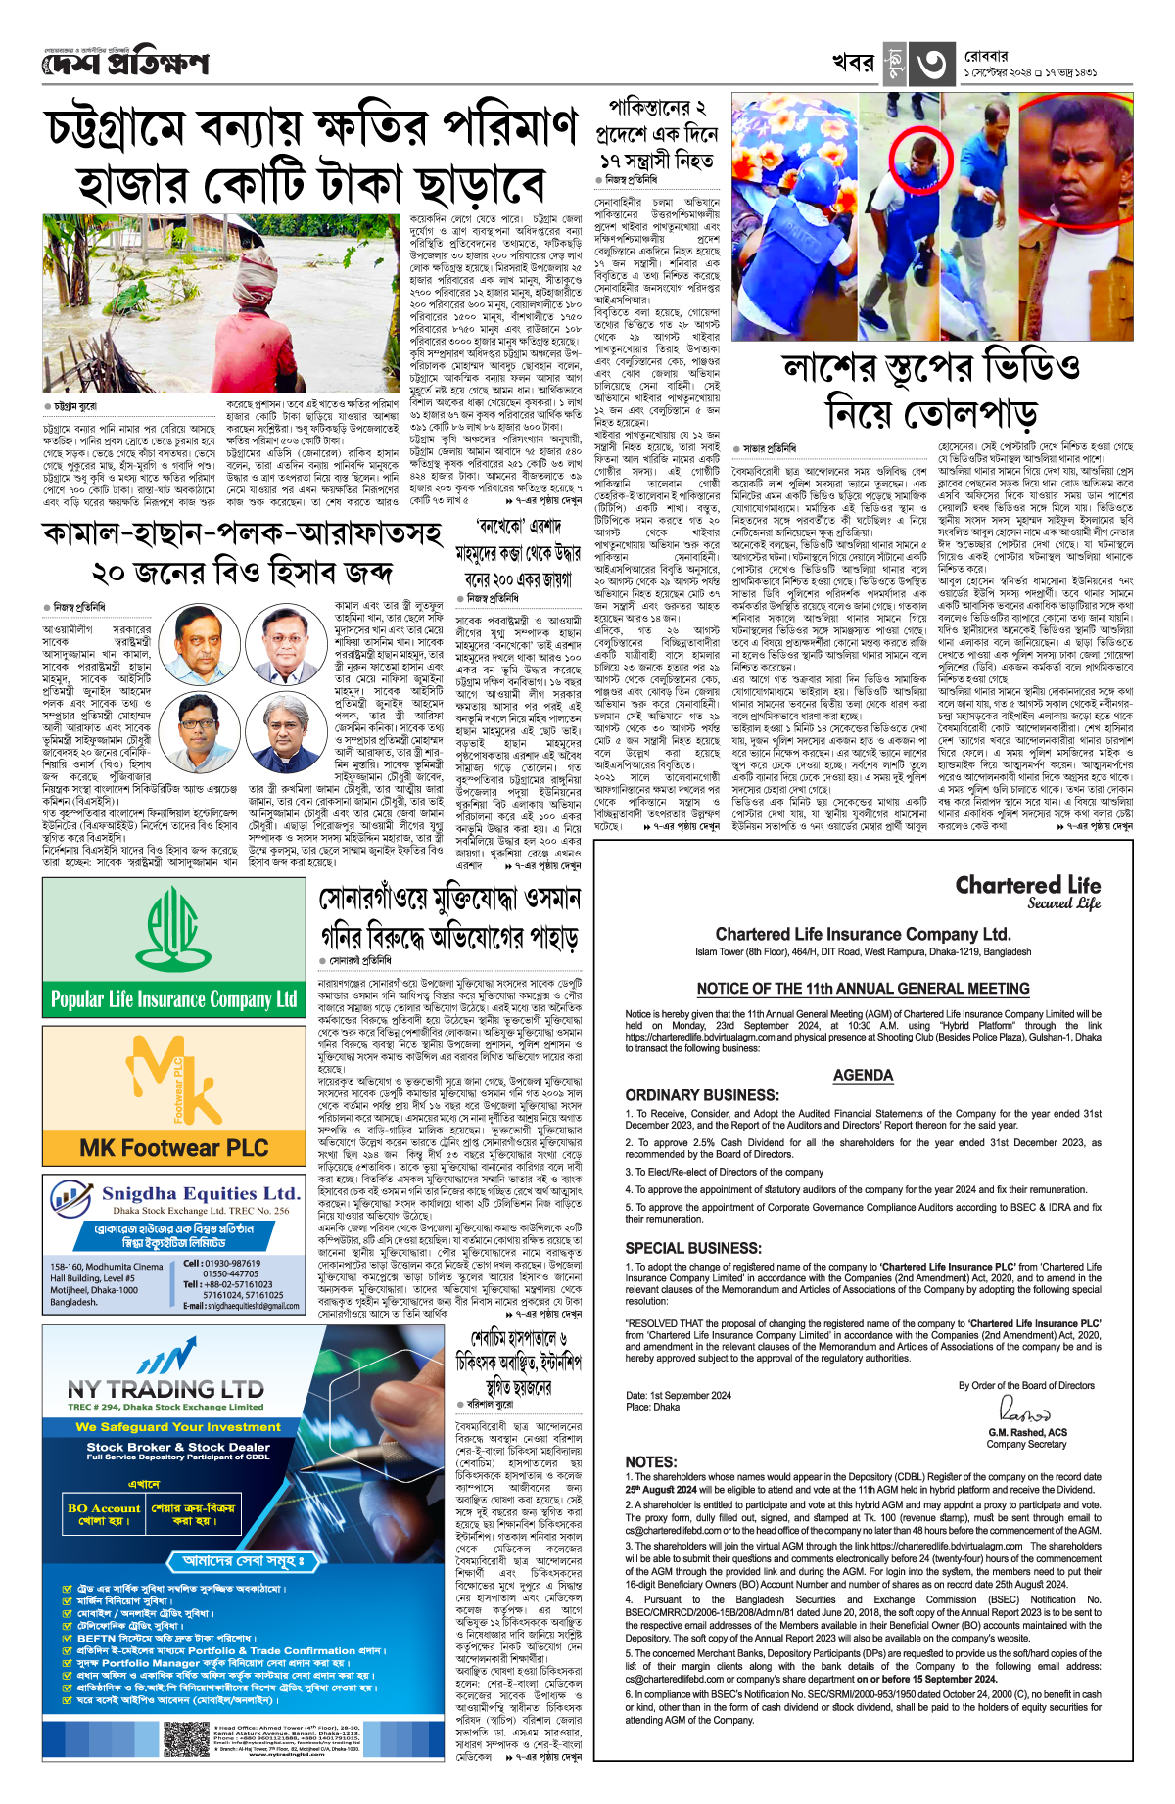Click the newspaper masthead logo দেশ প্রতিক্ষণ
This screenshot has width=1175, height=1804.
click(125, 65)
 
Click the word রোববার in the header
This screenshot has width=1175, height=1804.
click(986, 57)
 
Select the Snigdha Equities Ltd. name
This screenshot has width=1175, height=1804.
click(201, 1193)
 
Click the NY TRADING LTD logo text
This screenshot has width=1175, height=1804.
click(165, 1389)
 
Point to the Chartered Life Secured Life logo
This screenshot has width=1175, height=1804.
click(1028, 893)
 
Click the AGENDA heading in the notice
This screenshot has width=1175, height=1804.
click(863, 1075)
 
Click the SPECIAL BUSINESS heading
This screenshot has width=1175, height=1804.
click(693, 1248)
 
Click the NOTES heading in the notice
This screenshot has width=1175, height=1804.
click(651, 1461)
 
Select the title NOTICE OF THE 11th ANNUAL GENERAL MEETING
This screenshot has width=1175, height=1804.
click(863, 989)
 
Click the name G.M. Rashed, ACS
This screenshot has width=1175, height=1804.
click(1027, 1432)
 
